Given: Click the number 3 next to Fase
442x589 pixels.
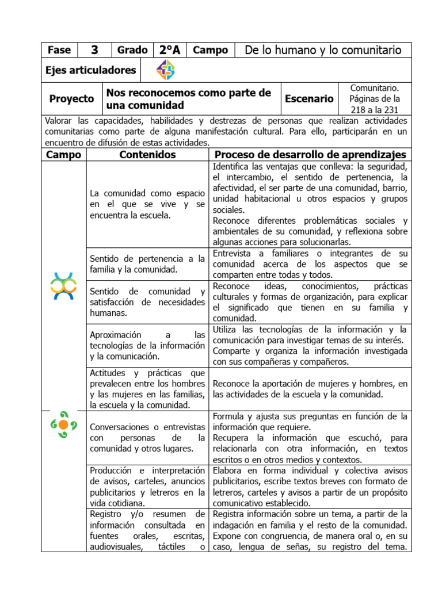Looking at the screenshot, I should [x=94, y=50].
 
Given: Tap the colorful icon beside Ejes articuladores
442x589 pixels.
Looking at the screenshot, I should [x=166, y=70].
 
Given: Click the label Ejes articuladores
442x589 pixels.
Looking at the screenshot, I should [x=90, y=70].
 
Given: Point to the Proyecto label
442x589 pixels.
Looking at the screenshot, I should [x=71, y=98].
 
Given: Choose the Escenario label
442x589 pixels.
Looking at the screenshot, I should [x=309, y=98].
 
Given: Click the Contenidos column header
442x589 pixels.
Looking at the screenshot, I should [x=147, y=155].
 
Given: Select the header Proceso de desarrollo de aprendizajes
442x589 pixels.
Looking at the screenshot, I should [x=310, y=155].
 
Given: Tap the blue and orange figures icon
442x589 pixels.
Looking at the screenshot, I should [x=63, y=286].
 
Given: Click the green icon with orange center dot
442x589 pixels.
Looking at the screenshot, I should [x=63, y=424].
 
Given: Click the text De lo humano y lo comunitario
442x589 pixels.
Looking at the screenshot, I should [x=323, y=50].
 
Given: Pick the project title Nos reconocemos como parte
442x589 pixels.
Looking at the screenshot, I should [x=188, y=98].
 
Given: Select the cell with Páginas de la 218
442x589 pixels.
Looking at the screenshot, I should [x=374, y=98].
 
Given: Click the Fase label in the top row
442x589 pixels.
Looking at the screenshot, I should [x=59, y=50].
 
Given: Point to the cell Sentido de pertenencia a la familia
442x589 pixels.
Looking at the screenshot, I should [x=147, y=263].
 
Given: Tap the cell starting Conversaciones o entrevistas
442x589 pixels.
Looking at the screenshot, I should [x=147, y=438].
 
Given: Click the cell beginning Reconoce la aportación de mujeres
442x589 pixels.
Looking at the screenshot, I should [x=310, y=389].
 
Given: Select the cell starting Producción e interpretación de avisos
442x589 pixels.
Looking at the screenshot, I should [x=147, y=487].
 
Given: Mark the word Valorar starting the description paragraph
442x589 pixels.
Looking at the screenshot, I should [x=58, y=120].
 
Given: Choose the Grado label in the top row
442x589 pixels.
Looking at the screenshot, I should [x=132, y=50].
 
